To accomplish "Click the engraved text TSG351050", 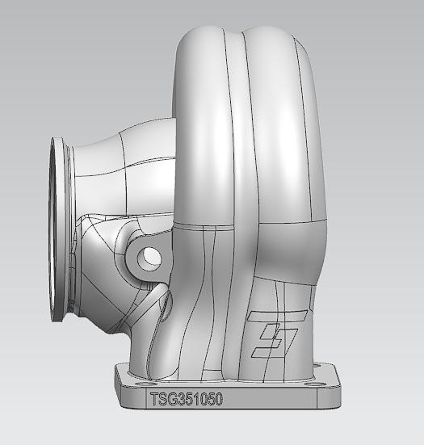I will [186, 399].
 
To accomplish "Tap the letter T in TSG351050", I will [153, 399].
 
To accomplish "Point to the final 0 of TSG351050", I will [218, 399].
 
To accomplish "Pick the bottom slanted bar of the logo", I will [268, 350].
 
